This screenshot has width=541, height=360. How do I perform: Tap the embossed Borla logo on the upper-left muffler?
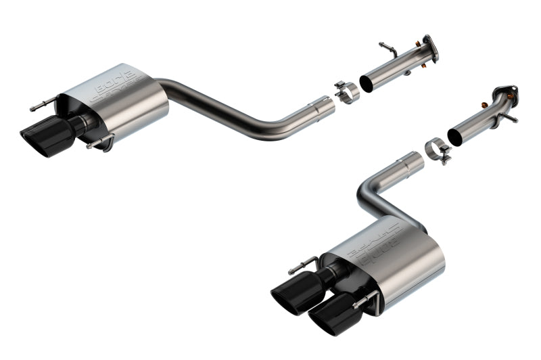(x=119, y=87)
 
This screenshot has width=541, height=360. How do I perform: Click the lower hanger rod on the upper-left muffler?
(x=99, y=143)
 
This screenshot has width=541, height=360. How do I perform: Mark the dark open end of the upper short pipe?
(x=366, y=84)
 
